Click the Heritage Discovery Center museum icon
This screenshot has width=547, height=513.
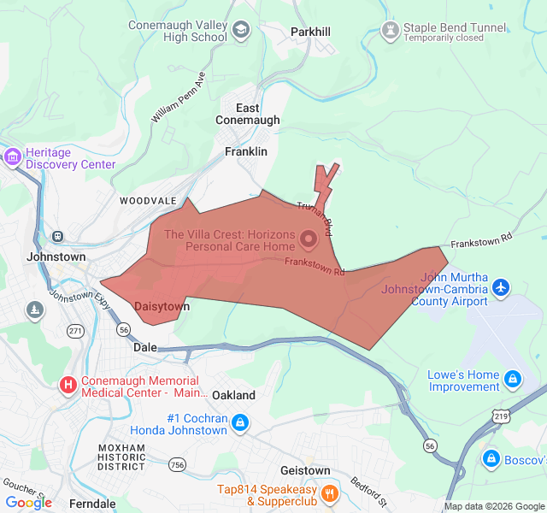pos(12,157)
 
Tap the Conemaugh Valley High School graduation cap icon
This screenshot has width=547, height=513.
pos(241,32)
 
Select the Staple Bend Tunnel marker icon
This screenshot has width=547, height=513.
pos(391,32)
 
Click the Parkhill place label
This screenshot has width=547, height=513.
pos(310,32)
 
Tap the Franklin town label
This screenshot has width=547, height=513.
pos(246,150)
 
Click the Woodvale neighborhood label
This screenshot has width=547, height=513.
pos(148,200)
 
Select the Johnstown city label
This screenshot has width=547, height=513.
pos(56,256)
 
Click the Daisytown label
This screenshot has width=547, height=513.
pos(162,305)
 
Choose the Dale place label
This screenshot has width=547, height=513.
pos(145,348)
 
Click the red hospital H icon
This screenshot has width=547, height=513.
pos(68,386)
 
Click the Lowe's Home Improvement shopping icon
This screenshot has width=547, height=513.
pos(512,378)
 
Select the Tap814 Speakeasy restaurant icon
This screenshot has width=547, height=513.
pos(329,493)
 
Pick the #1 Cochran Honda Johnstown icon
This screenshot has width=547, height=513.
pos(241,423)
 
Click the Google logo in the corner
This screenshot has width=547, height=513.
pos(28,503)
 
